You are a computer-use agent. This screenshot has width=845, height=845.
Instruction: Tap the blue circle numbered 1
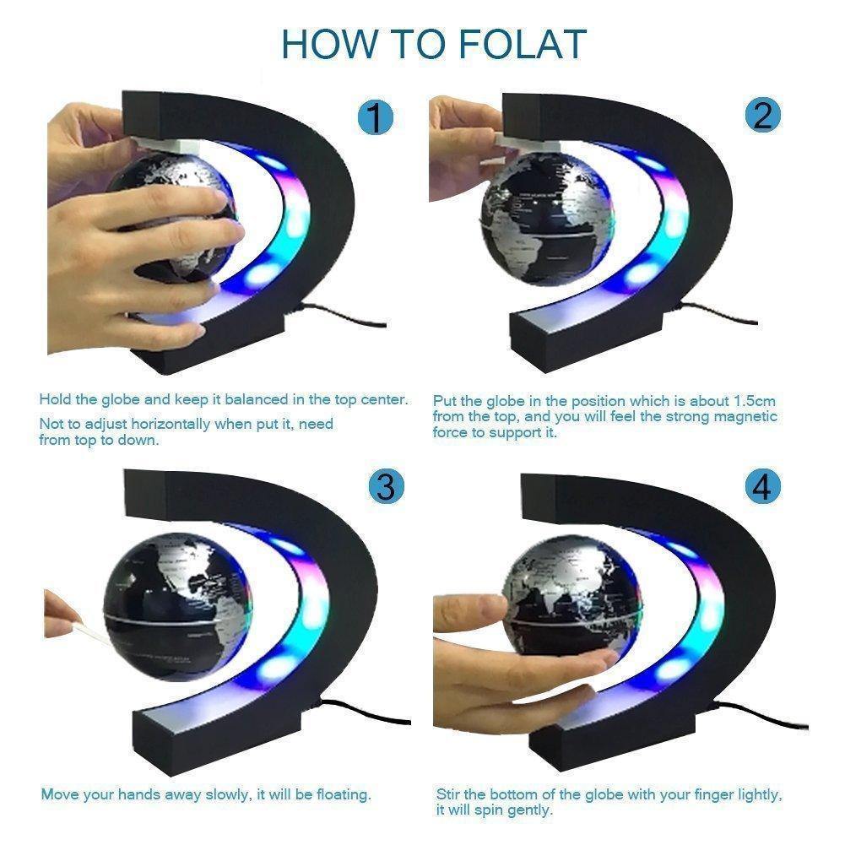[375, 117]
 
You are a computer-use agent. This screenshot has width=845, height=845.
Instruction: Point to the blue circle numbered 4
[762, 488]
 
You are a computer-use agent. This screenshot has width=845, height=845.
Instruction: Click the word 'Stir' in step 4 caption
[448, 794]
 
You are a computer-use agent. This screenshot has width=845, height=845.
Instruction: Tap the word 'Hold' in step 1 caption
[55, 399]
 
